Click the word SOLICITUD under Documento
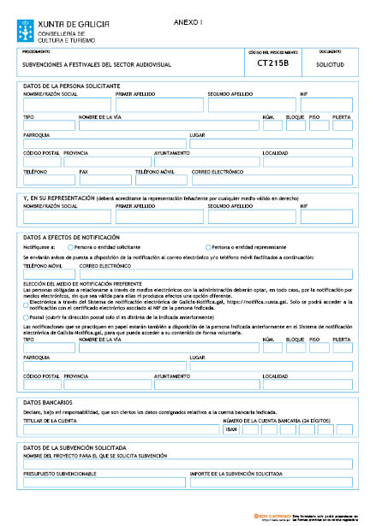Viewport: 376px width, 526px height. click(330, 64)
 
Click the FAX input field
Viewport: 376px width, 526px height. click(104, 180)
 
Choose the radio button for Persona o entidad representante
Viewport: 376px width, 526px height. click(206, 246)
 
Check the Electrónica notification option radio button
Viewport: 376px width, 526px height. click(26, 304)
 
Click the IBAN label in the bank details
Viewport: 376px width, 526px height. click(230, 429)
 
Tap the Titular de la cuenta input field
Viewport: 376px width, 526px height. click(120, 429)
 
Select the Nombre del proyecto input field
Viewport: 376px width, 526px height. click(188, 464)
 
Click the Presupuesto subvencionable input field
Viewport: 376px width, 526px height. click(103, 482)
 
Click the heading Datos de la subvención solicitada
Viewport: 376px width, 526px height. click(75, 447)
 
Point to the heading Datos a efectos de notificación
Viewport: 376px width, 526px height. click(71, 236)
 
